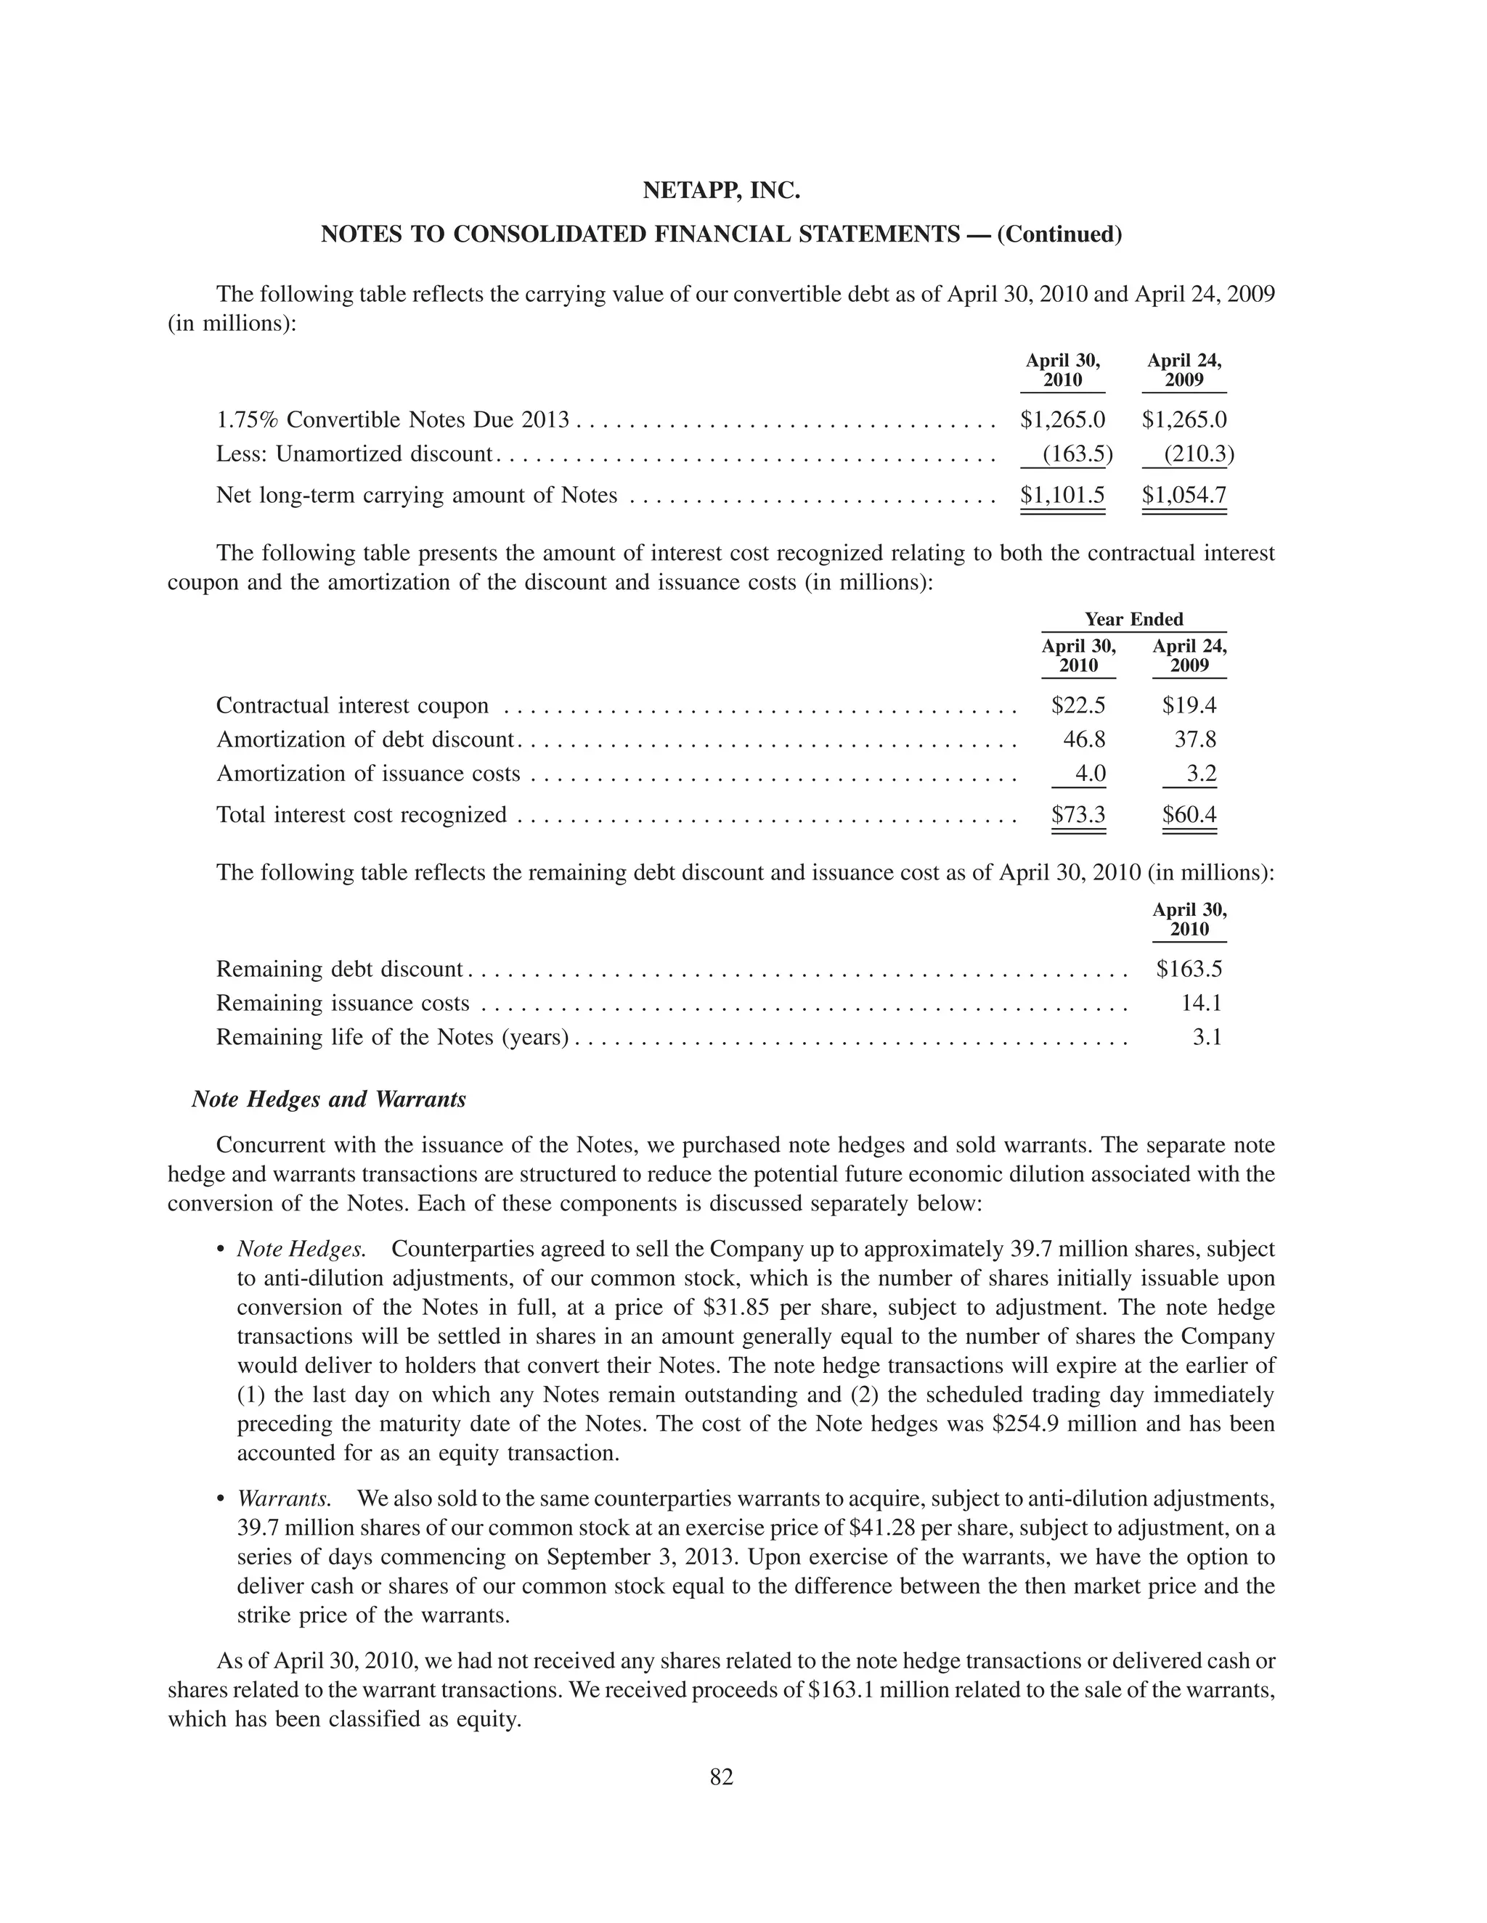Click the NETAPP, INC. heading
720,190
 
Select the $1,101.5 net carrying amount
1062,495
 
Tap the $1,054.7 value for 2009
1184,495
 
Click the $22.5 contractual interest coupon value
1078,705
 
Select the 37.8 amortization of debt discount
1195,739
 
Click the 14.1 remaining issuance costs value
1201,1003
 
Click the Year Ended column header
1133,619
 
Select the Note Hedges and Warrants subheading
329,1099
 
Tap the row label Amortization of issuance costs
368,774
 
